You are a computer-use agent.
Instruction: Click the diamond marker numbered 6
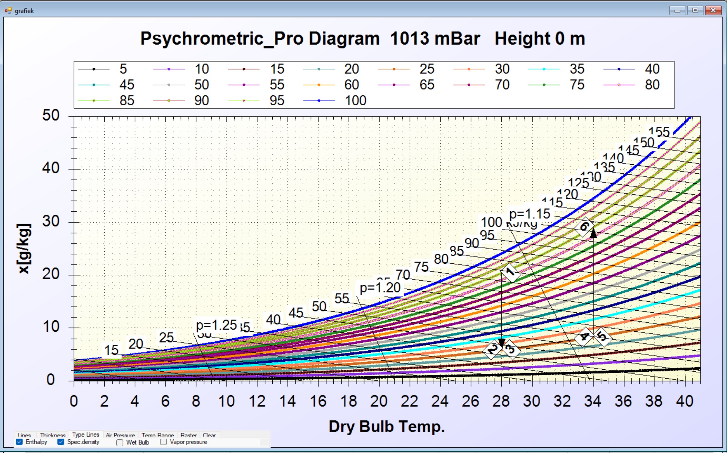pos(584,227)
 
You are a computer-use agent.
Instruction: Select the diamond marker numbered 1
pos(511,272)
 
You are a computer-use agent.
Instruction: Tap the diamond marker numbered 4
pos(584,336)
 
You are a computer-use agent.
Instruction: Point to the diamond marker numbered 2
pos(492,349)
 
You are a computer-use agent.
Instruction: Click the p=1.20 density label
pos(380,288)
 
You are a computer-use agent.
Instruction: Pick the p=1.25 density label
pos(216,325)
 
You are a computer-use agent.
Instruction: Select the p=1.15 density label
pos(530,214)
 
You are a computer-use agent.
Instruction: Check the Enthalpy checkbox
pos(19,442)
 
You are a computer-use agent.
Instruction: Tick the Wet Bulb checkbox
pos(120,442)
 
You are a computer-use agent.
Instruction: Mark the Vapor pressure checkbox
pos(163,442)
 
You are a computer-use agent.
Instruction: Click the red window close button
pos(713,11)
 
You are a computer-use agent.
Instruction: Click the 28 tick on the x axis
pos(501,401)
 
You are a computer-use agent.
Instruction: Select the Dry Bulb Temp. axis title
pos(387,427)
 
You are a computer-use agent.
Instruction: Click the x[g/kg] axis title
pos(24,248)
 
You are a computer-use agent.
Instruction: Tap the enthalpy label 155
pos(659,132)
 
